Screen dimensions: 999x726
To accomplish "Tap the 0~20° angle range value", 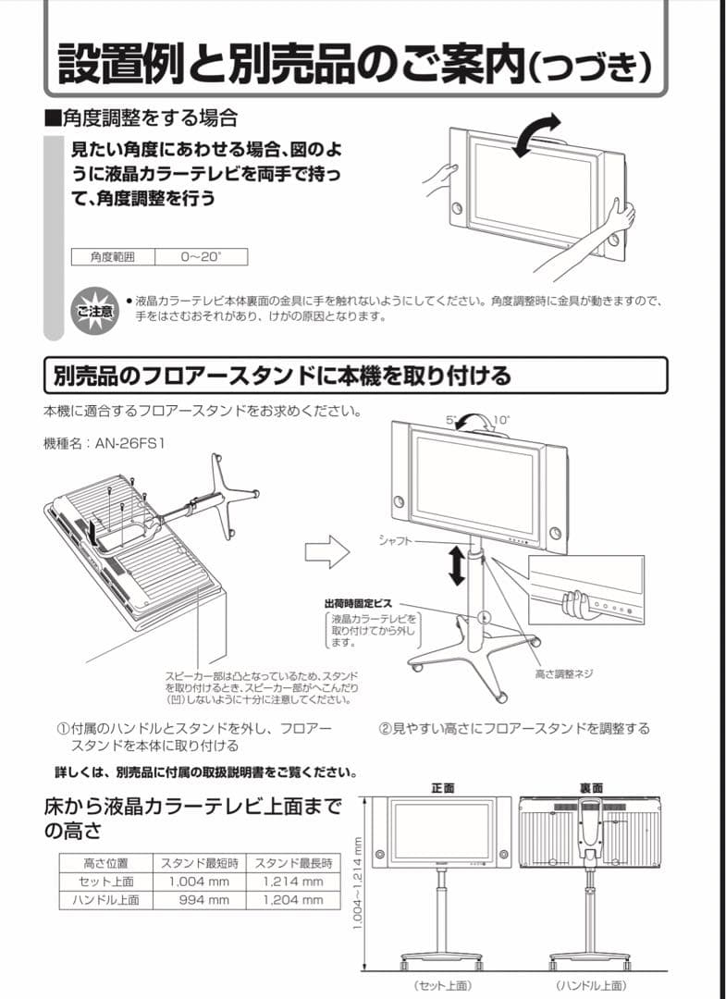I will tap(202, 256).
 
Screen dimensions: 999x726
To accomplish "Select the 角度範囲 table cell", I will tap(113, 256).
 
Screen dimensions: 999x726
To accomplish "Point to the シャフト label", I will tap(395, 540).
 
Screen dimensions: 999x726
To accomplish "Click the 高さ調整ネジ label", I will tap(564, 674).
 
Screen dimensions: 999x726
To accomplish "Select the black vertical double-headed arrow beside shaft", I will tap(456, 566).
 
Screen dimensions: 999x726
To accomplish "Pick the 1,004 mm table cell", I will tap(200, 881).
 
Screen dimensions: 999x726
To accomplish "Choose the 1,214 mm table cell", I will tap(292, 881).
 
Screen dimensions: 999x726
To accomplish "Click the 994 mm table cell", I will tap(200, 899).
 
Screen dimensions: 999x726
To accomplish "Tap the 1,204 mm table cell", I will tap(292, 899).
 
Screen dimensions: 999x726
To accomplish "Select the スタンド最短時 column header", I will tap(200, 862).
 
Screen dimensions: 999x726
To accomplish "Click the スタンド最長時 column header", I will tap(292, 862).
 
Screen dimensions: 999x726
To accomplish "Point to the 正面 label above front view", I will tap(443, 787).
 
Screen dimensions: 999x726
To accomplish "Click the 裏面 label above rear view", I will tap(592, 787).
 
